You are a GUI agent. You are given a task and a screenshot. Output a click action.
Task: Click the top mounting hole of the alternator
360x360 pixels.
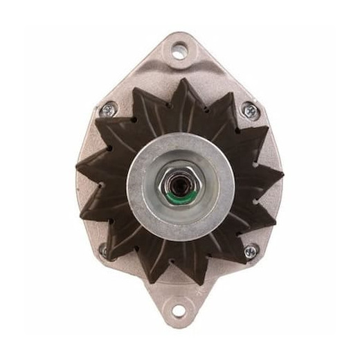[x=180, y=49]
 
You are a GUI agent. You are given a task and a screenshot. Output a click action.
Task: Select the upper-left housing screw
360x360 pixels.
[x=108, y=109]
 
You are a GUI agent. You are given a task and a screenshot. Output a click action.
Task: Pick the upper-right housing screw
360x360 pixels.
[x=250, y=109]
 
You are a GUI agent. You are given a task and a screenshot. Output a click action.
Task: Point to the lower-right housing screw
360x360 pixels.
[x=251, y=251]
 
